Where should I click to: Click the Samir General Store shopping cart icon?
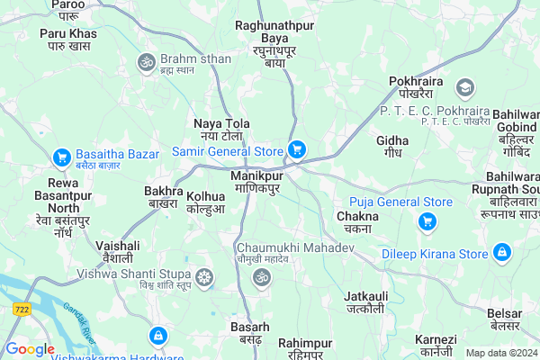tap(296, 150)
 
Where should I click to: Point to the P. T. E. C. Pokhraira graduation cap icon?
tap(464, 87)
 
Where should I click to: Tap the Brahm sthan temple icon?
tap(145, 62)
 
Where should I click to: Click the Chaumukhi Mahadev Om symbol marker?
tap(262, 276)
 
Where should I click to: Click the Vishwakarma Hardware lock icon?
tap(157, 336)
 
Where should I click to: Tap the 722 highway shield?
tap(21, 309)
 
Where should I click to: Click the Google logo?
tap(30, 349)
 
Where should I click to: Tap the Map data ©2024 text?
tap(501, 353)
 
